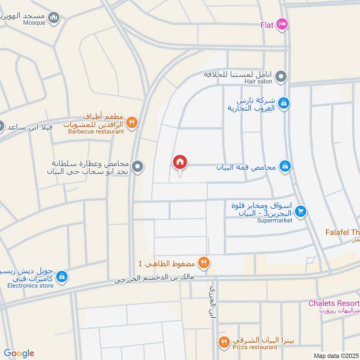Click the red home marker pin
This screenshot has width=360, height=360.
point(180,162)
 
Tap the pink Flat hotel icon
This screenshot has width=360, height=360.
point(282,24)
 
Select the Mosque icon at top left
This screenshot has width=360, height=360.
point(54,18)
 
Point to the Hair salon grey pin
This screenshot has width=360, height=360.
point(281,77)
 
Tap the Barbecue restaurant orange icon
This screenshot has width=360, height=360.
point(131,122)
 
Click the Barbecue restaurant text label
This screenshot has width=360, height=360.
point(96,132)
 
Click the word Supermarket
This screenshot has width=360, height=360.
point(274,220)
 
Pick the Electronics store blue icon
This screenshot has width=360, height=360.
point(63,277)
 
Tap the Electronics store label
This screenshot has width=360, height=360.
point(30,285)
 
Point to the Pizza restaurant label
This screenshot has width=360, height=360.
point(255,347)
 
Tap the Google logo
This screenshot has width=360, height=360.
point(19,353)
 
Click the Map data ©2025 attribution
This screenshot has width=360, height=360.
point(336,355)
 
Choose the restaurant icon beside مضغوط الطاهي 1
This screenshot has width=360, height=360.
point(204,263)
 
